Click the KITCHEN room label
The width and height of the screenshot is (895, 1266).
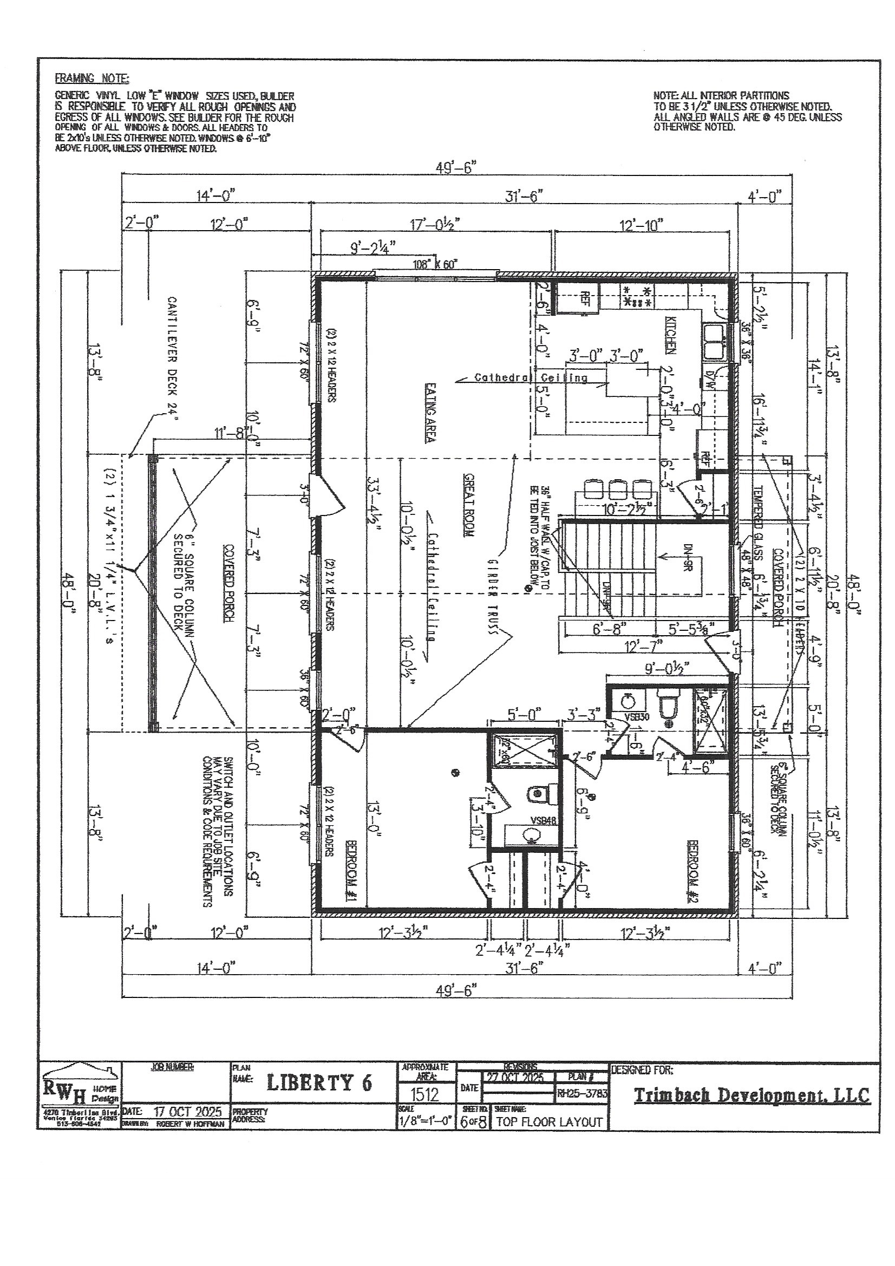tap(670, 335)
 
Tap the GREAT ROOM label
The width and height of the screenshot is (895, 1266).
tap(470, 505)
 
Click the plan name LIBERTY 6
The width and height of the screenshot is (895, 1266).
tap(320, 1083)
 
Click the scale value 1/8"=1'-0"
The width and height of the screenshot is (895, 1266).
tap(424, 1120)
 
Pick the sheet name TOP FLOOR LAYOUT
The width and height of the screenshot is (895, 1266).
tap(549, 1121)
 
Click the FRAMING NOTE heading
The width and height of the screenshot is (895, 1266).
tap(92, 79)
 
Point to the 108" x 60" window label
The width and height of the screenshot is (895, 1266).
tap(436, 264)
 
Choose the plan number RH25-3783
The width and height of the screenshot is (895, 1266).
tap(582, 1093)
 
